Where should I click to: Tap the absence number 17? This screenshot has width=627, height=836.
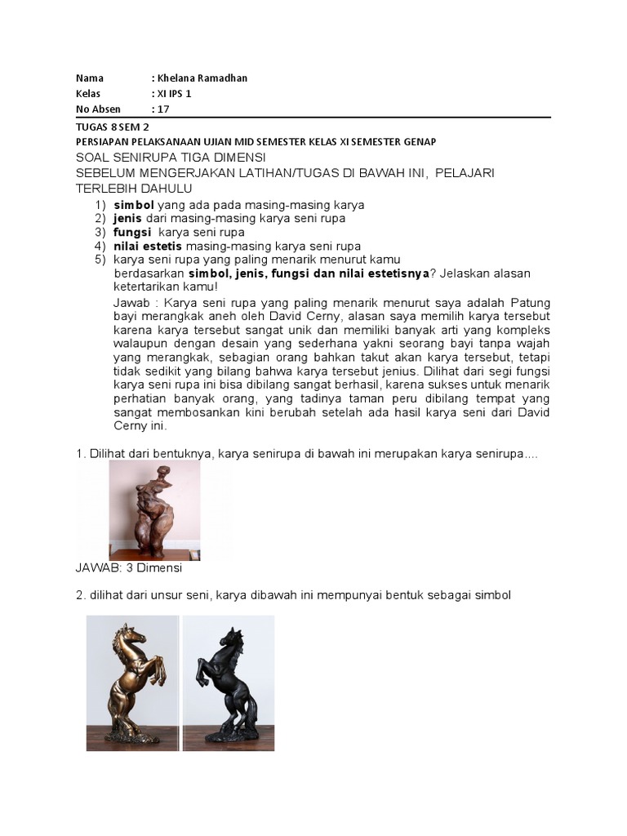pyautogui.click(x=161, y=109)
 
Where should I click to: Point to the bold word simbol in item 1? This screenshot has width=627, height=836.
pyautogui.click(x=134, y=204)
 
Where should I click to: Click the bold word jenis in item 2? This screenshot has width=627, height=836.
pyautogui.click(x=129, y=218)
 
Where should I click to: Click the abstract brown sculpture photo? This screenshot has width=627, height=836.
pyautogui.click(x=154, y=509)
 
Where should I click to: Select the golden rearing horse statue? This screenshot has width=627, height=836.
pyautogui.click(x=133, y=682)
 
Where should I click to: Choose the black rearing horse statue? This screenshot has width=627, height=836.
pyautogui.click(x=227, y=682)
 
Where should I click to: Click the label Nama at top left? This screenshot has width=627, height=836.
pyautogui.click(x=89, y=78)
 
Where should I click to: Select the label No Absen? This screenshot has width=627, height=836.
pyautogui.click(x=98, y=109)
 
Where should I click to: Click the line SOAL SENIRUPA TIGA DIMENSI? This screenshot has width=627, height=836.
pyautogui.click(x=171, y=157)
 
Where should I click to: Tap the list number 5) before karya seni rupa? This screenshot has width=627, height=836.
pyautogui.click(x=100, y=260)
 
